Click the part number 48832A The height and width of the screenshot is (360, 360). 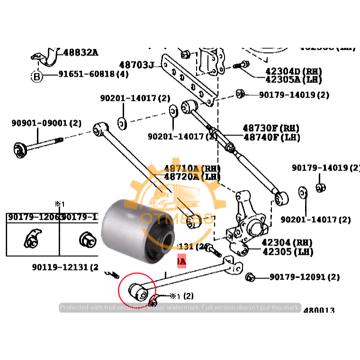point(81,53)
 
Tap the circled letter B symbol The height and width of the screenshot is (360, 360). point(37,75)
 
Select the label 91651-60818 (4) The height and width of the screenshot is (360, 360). point(93,74)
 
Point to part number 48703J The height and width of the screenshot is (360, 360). point(137,64)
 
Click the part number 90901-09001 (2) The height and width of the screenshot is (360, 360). point(46,123)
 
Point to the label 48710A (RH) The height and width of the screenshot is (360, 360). point(192,168)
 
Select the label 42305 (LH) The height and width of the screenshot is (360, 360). point(287,252)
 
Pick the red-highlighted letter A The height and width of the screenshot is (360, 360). point(182,261)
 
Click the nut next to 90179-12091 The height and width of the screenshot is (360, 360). point(252,277)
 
